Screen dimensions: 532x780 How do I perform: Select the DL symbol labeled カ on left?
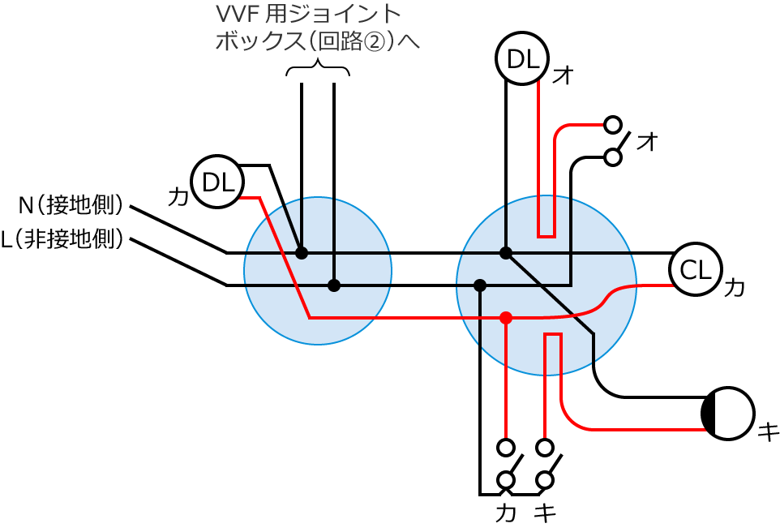(216, 182)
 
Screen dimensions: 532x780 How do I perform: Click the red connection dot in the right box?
(506, 318)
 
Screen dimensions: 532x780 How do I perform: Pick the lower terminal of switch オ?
(614, 157)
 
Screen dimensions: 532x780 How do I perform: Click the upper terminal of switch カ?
(506, 447)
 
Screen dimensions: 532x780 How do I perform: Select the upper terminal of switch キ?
(545, 447)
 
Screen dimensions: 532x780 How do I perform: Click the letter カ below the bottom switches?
(506, 513)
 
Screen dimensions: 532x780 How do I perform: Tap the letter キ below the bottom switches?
(546, 513)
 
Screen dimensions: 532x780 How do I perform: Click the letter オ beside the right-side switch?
(647, 142)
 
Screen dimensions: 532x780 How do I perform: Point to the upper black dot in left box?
(302, 253)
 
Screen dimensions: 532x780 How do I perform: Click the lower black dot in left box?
(333, 285)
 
